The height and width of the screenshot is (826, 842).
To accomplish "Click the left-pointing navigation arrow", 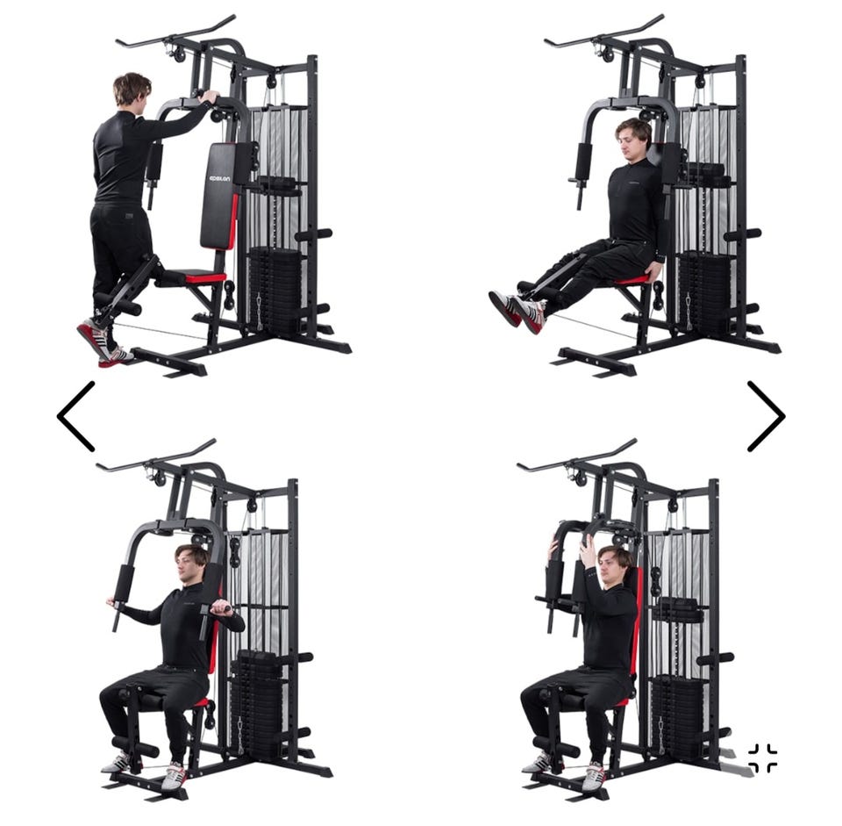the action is [x=75, y=416].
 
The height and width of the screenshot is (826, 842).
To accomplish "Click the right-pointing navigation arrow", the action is [x=767, y=416].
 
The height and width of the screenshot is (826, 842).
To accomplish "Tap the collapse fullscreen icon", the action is [x=762, y=758].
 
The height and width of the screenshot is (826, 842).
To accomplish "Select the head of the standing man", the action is [x=131, y=90].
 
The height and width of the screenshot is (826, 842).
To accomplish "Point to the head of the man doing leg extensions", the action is [x=632, y=137].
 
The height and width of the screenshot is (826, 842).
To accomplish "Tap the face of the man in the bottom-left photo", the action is [x=187, y=566].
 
